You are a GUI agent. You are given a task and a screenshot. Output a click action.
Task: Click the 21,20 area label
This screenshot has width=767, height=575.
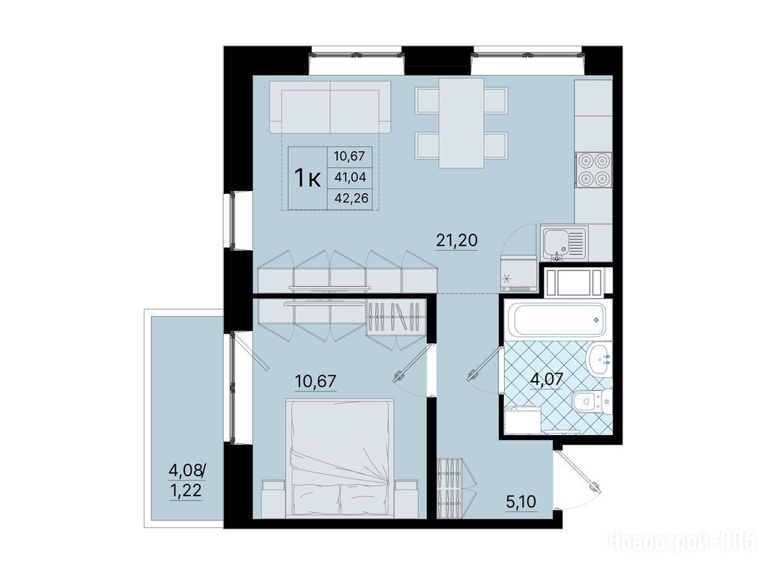[456, 240]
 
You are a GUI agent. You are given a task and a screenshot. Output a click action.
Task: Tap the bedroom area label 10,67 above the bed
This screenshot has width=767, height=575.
[315, 380]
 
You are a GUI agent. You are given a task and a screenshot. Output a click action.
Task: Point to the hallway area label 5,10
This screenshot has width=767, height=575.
[521, 502]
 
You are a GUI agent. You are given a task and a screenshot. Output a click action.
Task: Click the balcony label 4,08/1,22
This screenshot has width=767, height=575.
[187, 480]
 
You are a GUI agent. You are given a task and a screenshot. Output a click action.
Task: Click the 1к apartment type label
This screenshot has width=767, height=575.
[306, 177]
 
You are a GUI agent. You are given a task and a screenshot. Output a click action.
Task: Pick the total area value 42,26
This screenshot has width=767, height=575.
[351, 198]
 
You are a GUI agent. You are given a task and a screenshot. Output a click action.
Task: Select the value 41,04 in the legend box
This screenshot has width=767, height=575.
[351, 177]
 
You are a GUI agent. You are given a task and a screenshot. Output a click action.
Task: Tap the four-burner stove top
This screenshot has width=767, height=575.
[593, 170]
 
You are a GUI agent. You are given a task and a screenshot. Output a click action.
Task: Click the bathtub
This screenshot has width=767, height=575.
[557, 320]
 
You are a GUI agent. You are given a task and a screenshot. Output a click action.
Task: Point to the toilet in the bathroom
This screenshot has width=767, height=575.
[590, 401]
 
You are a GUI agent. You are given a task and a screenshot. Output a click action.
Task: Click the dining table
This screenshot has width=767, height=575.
[461, 123]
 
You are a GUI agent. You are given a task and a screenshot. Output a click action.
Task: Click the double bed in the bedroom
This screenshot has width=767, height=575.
[340, 458]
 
